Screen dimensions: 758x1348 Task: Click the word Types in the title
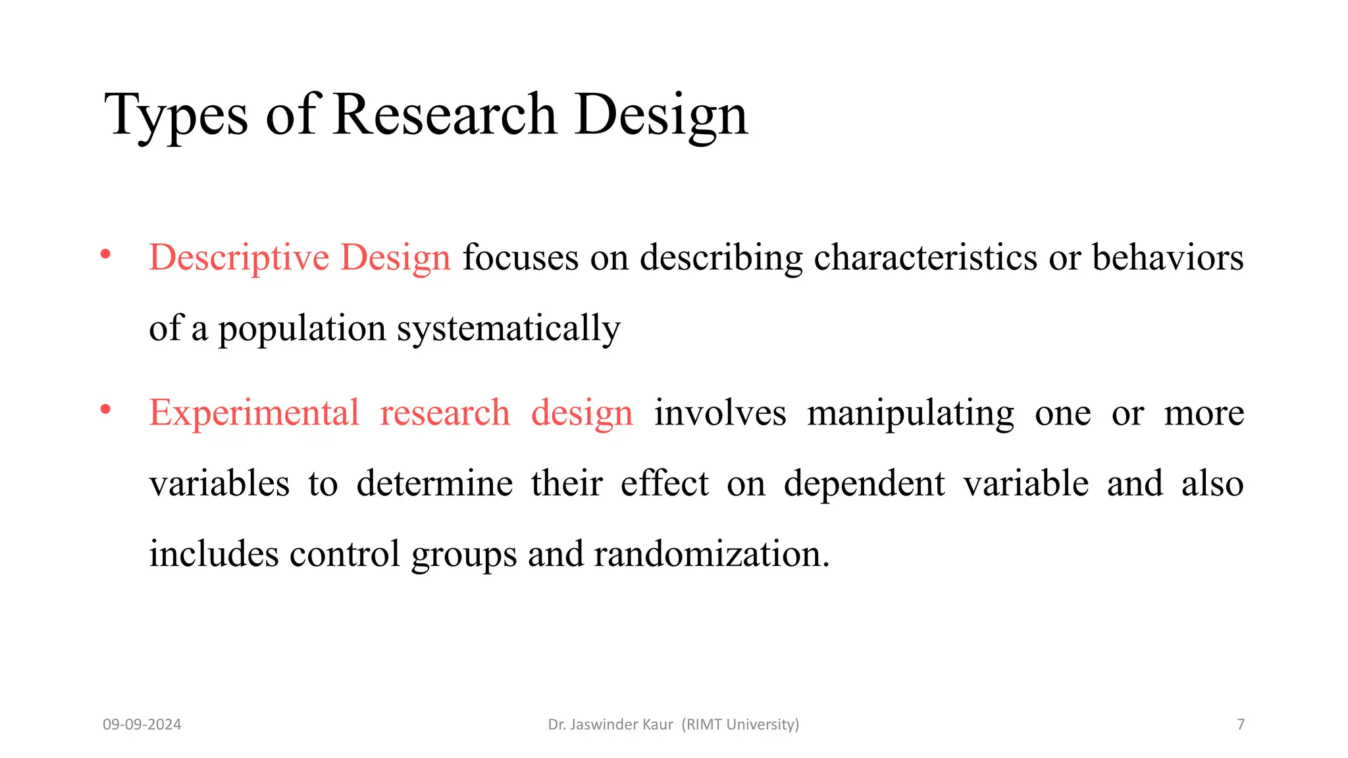click(x=176, y=116)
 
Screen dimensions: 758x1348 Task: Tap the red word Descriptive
click(x=239, y=257)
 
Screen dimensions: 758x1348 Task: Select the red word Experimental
click(x=254, y=413)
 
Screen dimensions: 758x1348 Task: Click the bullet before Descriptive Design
click(x=105, y=254)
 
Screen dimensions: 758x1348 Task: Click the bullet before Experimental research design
click(x=105, y=410)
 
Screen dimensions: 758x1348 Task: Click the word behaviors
click(x=1168, y=257)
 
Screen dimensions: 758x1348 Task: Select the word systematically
click(x=508, y=328)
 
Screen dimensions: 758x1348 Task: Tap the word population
click(x=301, y=328)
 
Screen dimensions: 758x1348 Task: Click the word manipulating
click(x=910, y=414)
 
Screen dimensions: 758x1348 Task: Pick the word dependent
click(x=864, y=484)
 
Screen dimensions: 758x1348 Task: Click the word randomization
click(x=711, y=554)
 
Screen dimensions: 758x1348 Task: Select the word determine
click(x=434, y=484)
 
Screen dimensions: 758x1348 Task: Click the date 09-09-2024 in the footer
click(x=142, y=724)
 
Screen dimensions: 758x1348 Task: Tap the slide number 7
click(x=1241, y=724)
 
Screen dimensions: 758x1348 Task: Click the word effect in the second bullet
click(x=664, y=484)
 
